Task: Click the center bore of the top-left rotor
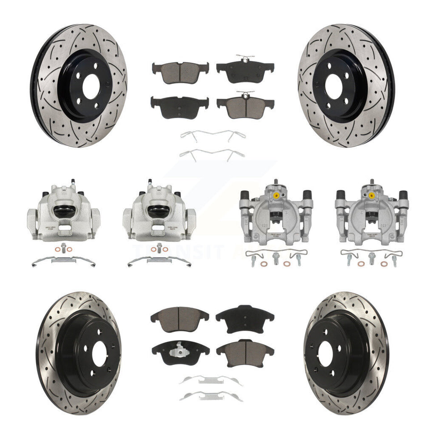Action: pyautogui.click(x=91, y=84)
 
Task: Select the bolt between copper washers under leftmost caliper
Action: pyautogui.click(x=64, y=247)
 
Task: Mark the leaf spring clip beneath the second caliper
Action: pyautogui.click(x=159, y=261)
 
